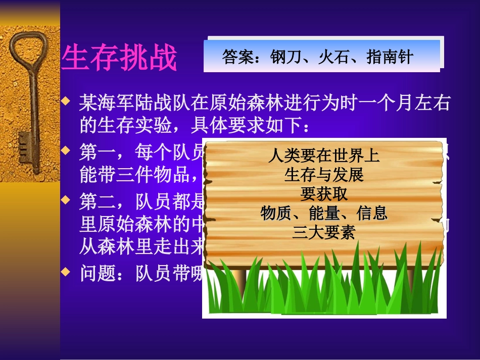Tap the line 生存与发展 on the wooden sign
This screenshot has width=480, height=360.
(x=324, y=175)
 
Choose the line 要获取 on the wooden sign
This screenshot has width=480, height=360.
(x=324, y=194)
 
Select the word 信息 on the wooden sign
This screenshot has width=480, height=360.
(x=372, y=213)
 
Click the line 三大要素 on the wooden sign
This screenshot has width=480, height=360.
(x=324, y=232)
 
